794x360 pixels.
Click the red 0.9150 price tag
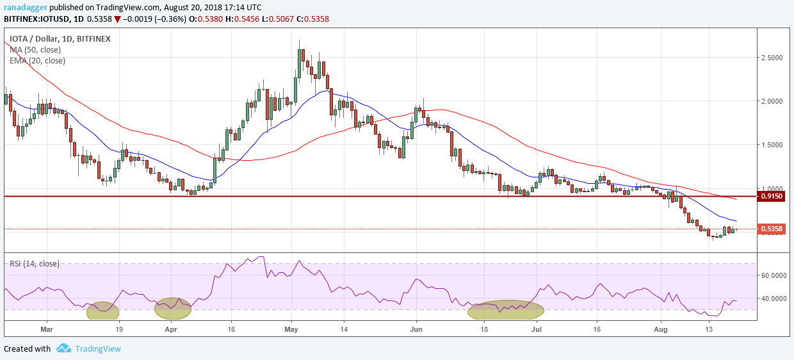click(x=772, y=196)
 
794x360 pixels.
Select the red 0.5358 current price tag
click(x=772, y=229)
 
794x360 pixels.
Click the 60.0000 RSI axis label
click(x=774, y=275)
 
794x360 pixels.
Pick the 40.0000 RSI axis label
click(x=774, y=299)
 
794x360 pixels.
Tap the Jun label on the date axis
click(x=416, y=329)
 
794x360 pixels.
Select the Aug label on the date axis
click(x=661, y=329)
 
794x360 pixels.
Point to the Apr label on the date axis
click(x=171, y=329)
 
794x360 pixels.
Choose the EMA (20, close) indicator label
click(x=37, y=61)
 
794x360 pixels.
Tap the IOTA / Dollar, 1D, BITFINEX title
click(x=60, y=38)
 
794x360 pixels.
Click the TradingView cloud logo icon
click(x=63, y=348)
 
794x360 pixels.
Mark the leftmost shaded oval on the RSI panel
click(x=102, y=311)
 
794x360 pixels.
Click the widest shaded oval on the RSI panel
click(x=506, y=311)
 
